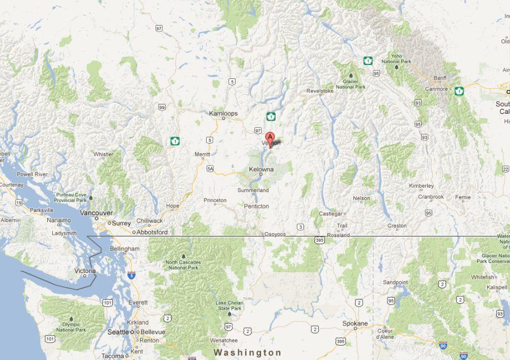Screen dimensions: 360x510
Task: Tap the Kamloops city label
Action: (223, 113)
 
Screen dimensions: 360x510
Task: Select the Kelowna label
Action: (261, 169)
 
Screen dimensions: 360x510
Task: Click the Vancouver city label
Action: (96, 213)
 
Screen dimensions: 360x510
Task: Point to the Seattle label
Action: (118, 332)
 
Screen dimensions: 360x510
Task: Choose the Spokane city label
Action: (355, 323)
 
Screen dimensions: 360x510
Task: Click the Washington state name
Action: (248, 353)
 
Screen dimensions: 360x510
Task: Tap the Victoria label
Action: (85, 271)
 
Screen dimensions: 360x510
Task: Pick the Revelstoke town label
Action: (319, 89)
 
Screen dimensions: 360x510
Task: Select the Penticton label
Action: (256, 206)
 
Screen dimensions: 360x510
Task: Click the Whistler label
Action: (104, 154)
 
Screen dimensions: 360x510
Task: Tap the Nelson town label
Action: (361, 198)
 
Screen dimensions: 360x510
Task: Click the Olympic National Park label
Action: (71, 327)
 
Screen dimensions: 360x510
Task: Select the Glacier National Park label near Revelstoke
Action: (351, 84)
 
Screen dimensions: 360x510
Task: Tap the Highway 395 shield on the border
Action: (318, 239)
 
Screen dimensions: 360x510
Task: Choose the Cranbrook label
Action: (431, 197)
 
